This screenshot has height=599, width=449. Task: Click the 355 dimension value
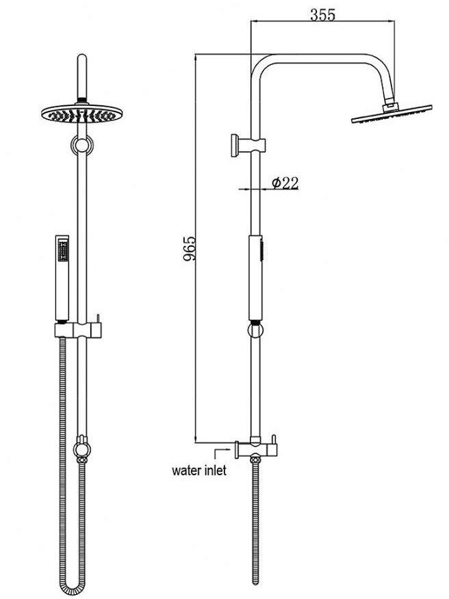coord(322,15)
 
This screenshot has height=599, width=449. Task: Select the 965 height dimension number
coord(190,249)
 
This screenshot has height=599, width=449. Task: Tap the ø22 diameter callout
coord(285,183)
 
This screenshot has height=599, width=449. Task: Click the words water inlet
coord(199,470)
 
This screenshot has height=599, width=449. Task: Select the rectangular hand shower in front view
coord(62,278)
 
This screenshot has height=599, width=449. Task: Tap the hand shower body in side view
coord(256,278)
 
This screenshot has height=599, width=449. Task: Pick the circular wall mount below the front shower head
coord(82,146)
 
